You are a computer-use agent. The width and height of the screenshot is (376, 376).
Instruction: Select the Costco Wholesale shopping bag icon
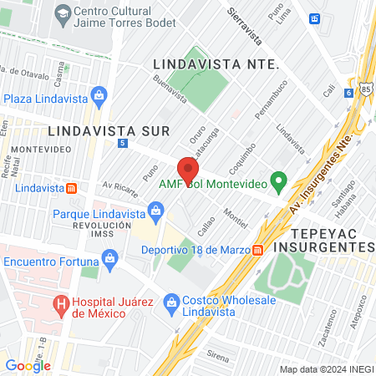pyautogui.click(x=171, y=301)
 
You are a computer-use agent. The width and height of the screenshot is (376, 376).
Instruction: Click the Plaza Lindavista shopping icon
pyautogui.click(x=99, y=97)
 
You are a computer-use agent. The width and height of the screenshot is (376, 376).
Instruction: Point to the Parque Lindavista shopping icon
pyautogui.click(x=155, y=208)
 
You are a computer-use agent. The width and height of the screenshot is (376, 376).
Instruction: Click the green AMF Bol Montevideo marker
pyautogui.click(x=281, y=180)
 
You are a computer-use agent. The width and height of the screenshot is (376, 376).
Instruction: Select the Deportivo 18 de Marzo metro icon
pyautogui.click(x=259, y=249)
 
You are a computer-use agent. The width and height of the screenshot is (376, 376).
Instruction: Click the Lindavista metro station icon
pyautogui.click(x=72, y=188)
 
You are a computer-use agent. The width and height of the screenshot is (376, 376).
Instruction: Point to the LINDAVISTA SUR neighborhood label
pyautogui.click(x=109, y=130)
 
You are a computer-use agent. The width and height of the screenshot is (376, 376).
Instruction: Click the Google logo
pyautogui.click(x=28, y=365)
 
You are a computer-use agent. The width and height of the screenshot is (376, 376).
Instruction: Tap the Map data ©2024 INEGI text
pyautogui.click(x=326, y=368)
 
